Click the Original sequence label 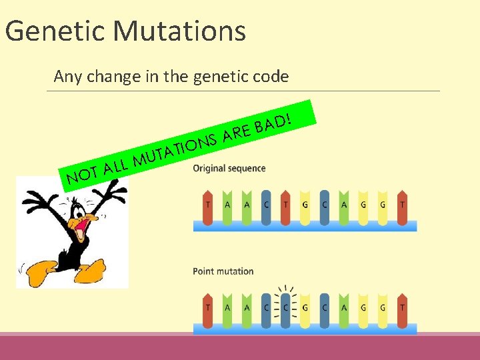coord(229,168)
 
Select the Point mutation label coord(223,271)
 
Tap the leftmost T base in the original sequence coord(208,205)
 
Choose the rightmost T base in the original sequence coord(402,205)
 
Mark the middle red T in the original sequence coord(285,205)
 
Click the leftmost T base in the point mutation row coord(208,309)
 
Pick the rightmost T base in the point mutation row coord(402,309)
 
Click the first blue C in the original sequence coord(266,205)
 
